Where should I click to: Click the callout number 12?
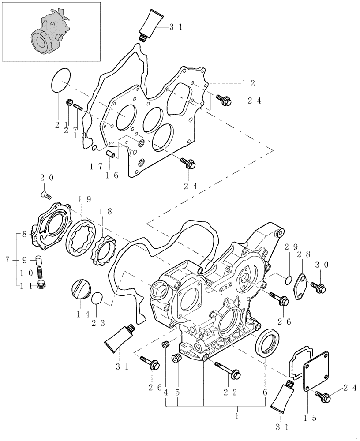coord(249,83)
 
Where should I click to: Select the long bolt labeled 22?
coord(228,370)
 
